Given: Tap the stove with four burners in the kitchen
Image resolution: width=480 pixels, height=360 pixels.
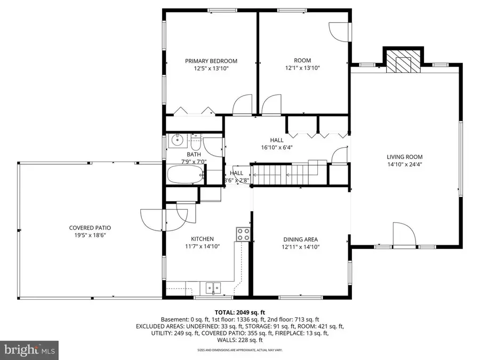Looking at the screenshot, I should click(x=243, y=234).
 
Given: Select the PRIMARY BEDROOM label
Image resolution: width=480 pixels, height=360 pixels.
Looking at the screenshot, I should click(x=211, y=61).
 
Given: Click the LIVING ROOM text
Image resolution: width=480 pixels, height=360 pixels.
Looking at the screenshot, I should click(x=405, y=157).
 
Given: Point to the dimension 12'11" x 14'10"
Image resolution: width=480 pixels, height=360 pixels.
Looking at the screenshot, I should click(x=300, y=247).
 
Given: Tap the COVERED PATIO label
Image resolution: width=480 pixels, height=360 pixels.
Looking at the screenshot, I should click(x=90, y=228).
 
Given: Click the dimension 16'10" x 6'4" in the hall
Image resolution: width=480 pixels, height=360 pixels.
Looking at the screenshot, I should click(x=276, y=147).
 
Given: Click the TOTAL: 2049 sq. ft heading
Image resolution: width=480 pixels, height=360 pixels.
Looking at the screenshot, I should click(x=239, y=313).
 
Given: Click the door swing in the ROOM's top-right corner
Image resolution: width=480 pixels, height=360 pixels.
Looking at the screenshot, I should click(x=337, y=31).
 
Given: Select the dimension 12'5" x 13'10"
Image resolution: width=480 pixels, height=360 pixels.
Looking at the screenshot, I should click(x=211, y=68).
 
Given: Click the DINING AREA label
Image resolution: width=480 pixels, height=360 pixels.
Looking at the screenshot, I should click(x=300, y=239).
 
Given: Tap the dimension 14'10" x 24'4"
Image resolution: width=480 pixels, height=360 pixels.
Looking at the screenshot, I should click(x=405, y=164).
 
